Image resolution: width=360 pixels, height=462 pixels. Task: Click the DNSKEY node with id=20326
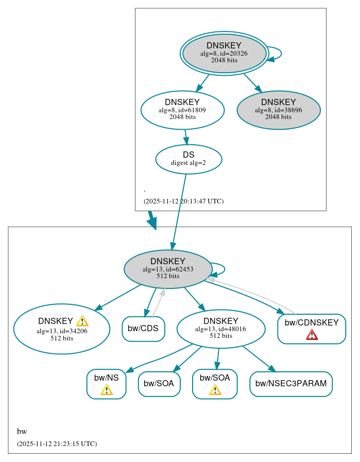click(224, 53)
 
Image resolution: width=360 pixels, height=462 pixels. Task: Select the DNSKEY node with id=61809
click(182, 110)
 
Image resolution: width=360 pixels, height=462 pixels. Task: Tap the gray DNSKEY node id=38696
click(279, 110)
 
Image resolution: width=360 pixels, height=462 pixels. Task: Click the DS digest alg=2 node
click(188, 159)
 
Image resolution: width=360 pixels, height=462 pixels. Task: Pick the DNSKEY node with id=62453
click(168, 269)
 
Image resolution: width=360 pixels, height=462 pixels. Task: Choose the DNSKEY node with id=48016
click(220, 329)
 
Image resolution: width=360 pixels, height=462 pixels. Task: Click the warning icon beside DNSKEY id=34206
click(82, 321)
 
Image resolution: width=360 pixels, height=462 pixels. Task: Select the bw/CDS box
click(143, 329)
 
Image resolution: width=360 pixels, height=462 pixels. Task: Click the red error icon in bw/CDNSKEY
click(312, 335)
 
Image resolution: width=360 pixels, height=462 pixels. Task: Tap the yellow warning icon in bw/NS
click(107, 390)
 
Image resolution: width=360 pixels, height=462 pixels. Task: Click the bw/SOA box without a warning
click(159, 384)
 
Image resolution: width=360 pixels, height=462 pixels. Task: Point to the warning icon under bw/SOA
click(215, 390)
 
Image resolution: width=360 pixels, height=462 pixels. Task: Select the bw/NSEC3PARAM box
click(291, 384)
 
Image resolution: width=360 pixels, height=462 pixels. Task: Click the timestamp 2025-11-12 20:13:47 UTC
click(183, 201)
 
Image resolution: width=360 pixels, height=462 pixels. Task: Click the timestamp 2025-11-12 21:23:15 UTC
click(57, 443)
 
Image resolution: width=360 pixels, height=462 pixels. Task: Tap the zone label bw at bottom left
click(22, 432)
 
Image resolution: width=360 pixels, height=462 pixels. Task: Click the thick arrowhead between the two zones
click(152, 223)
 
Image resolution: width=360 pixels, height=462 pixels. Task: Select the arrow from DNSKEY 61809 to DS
click(186, 137)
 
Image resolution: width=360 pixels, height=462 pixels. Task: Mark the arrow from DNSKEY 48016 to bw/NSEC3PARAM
click(259, 358)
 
